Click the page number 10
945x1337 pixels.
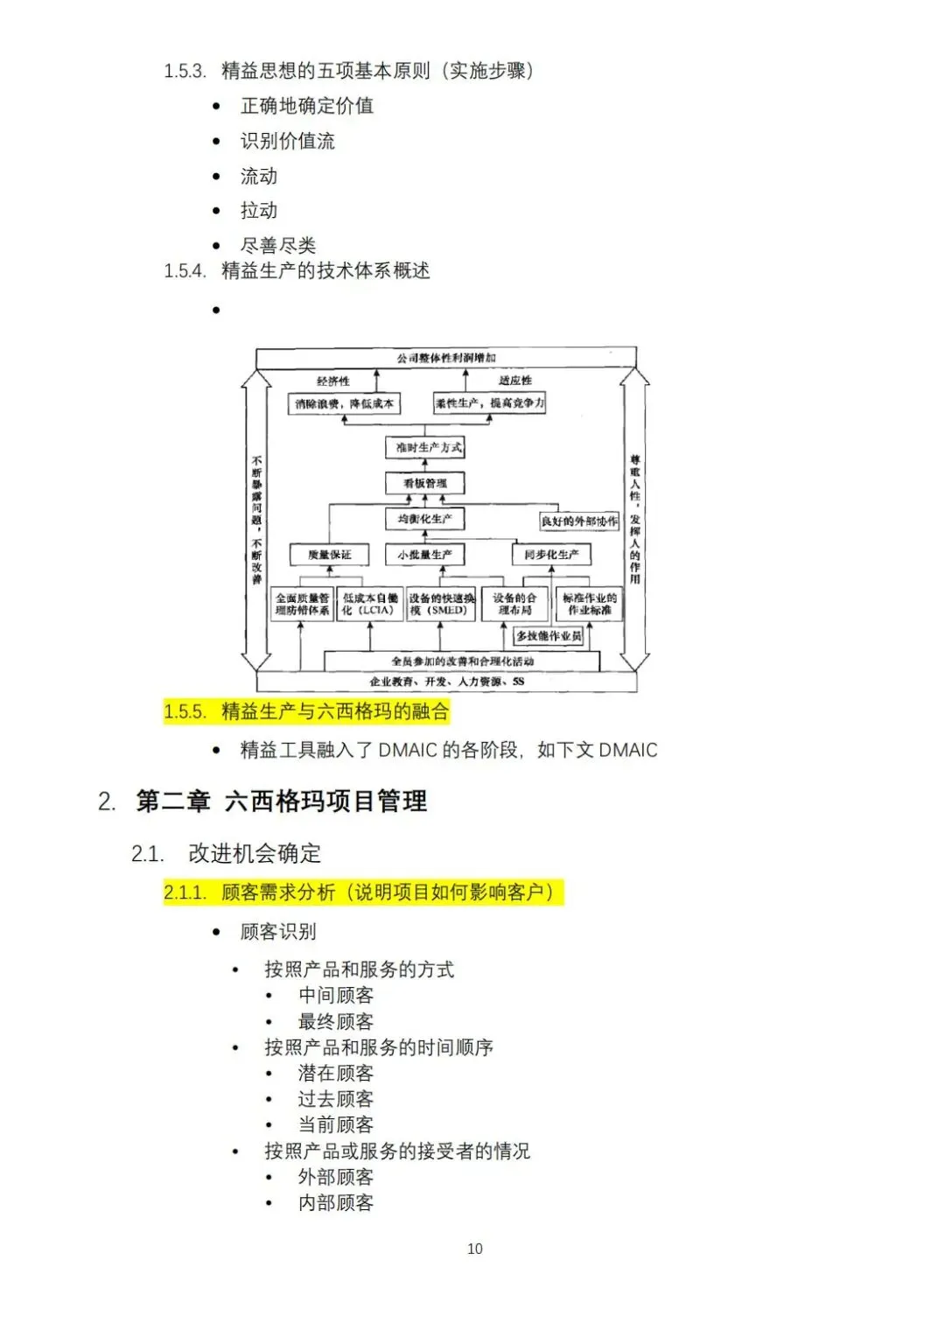point(474,1249)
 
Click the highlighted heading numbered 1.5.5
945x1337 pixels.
point(306,711)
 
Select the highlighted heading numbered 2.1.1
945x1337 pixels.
point(363,892)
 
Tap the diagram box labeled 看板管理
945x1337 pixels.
point(425,483)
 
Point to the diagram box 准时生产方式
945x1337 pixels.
point(425,447)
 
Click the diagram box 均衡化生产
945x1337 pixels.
point(425,519)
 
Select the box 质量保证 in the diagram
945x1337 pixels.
point(330,555)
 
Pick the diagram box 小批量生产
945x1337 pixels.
point(425,555)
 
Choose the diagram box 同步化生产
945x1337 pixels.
point(551,555)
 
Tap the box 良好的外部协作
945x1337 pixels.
point(579,521)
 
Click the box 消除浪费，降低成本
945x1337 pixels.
point(344,403)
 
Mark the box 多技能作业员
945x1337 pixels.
point(549,636)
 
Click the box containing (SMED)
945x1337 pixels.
point(441,604)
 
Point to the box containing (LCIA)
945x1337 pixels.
point(369,604)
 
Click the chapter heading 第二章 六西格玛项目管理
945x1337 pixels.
point(282,801)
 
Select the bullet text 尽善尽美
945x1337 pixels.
point(278,246)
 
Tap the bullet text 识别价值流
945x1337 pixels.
point(288,141)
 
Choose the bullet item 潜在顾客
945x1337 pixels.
point(336,1073)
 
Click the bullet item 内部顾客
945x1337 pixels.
point(336,1203)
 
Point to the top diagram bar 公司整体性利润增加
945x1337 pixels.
point(446,358)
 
